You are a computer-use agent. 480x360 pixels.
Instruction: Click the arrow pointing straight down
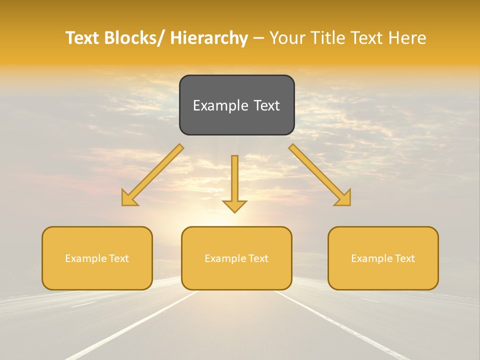pyautogui.click(x=234, y=180)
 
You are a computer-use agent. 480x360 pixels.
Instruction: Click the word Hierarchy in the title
pyautogui.click(x=209, y=38)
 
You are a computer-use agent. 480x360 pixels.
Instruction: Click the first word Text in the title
pyautogui.click(x=82, y=38)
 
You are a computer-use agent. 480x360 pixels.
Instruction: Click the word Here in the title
pyautogui.click(x=407, y=38)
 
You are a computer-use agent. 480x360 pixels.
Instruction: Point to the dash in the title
pyautogui.click(x=258, y=38)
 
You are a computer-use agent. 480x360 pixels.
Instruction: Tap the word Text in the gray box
pyautogui.click(x=266, y=105)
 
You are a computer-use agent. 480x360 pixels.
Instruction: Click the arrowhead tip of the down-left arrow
pyautogui.click(x=123, y=204)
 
